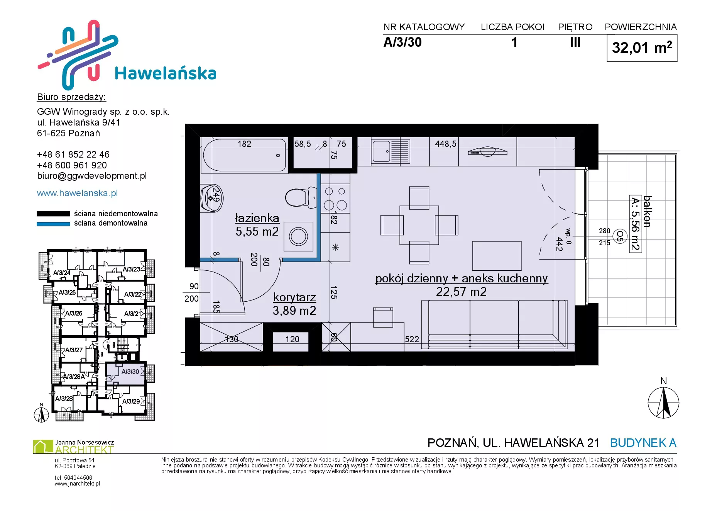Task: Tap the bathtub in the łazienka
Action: (245, 155)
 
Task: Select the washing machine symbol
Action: (298, 236)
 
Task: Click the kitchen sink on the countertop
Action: (390, 151)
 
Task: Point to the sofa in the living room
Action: (494, 324)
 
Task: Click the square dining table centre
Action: (419, 225)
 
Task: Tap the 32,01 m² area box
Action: (642, 48)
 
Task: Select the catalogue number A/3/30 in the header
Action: (402, 42)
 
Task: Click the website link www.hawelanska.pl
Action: (77, 193)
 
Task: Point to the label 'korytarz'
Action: (294, 297)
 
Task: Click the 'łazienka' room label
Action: (257, 218)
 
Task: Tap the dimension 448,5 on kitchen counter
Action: (446, 144)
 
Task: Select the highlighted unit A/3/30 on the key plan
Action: (126, 373)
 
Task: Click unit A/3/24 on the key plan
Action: (62, 273)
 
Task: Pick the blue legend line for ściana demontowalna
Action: (53, 224)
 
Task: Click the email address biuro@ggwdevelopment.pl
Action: (92, 176)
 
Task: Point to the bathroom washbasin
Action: (211, 198)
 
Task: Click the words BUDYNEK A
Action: (643, 443)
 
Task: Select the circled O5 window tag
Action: (620, 236)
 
